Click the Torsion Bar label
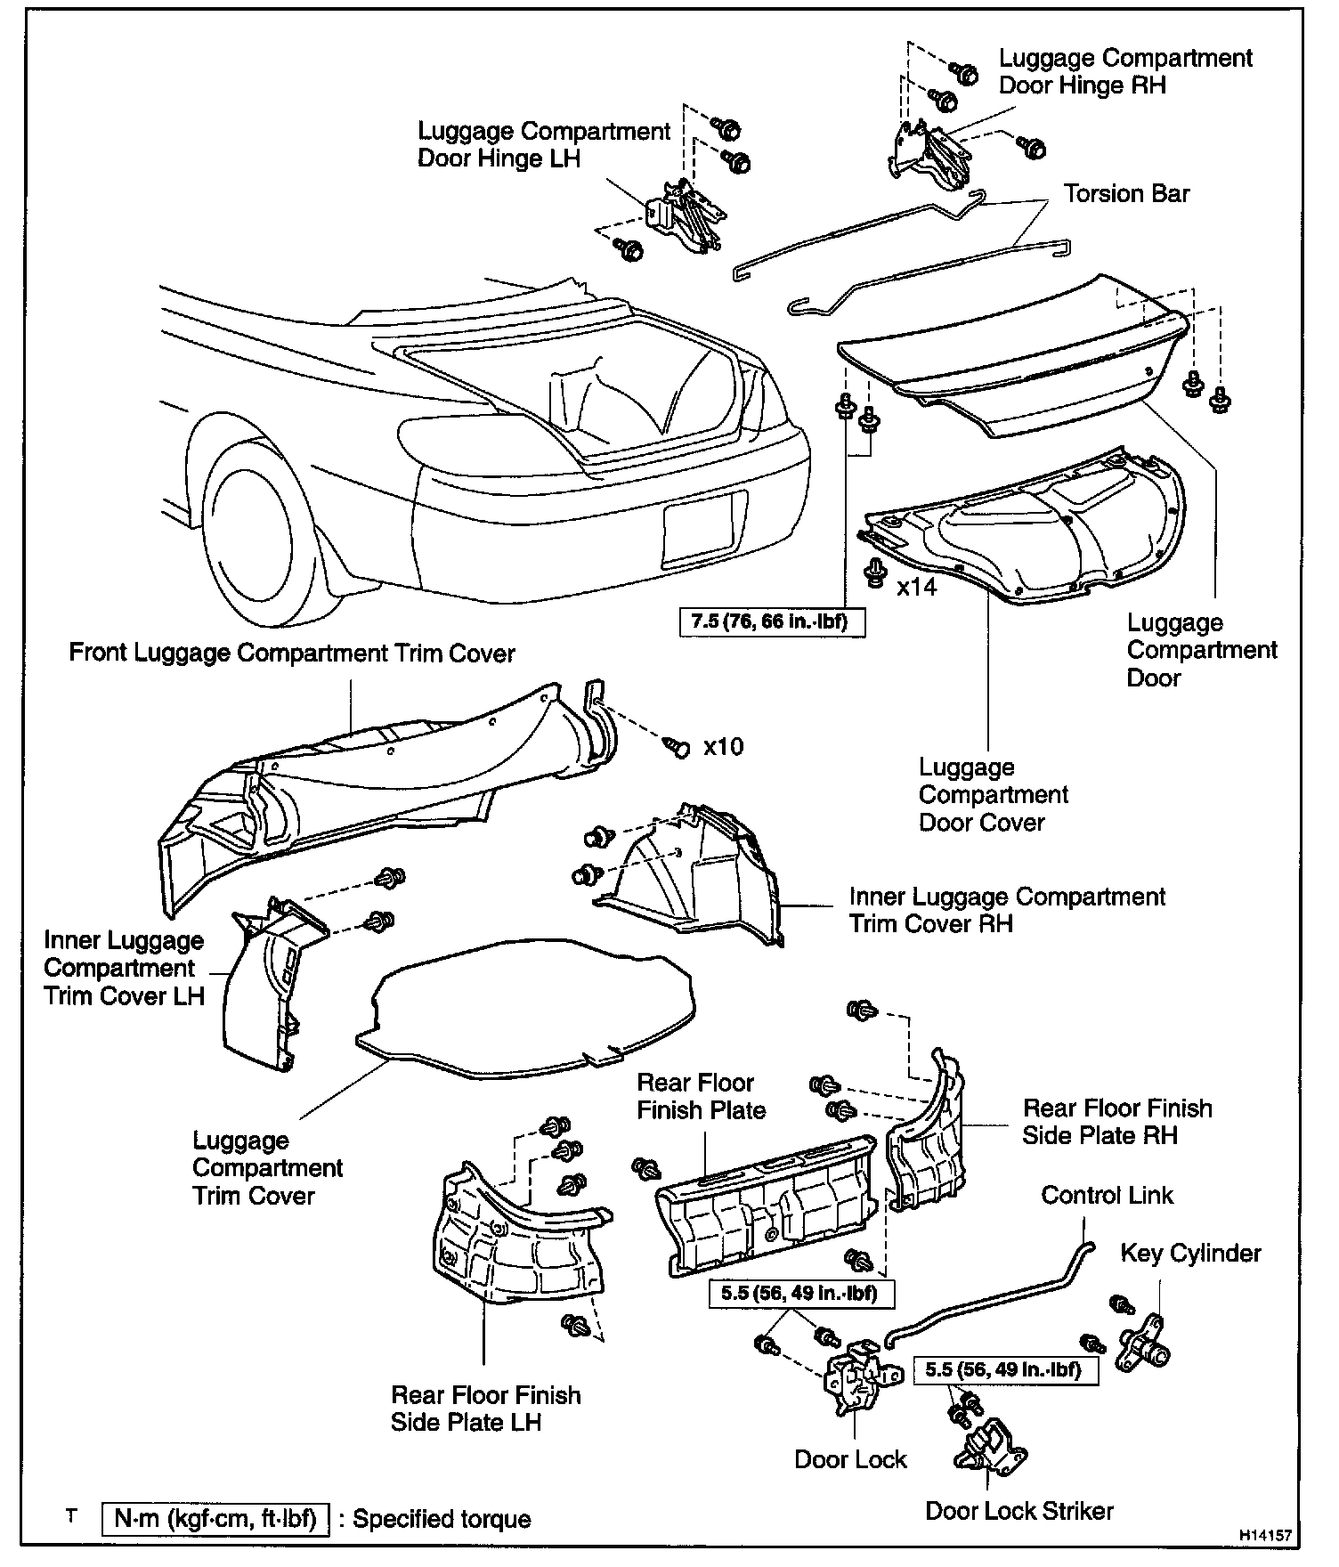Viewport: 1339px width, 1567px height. click(x=1126, y=194)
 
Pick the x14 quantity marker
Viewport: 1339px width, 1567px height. click(x=916, y=587)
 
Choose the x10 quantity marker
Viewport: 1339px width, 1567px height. click(x=723, y=746)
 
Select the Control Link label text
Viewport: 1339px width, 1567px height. click(x=1107, y=1195)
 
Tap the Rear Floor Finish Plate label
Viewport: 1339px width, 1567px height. click(x=701, y=1096)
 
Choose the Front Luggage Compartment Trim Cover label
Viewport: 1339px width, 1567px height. click(x=292, y=654)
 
